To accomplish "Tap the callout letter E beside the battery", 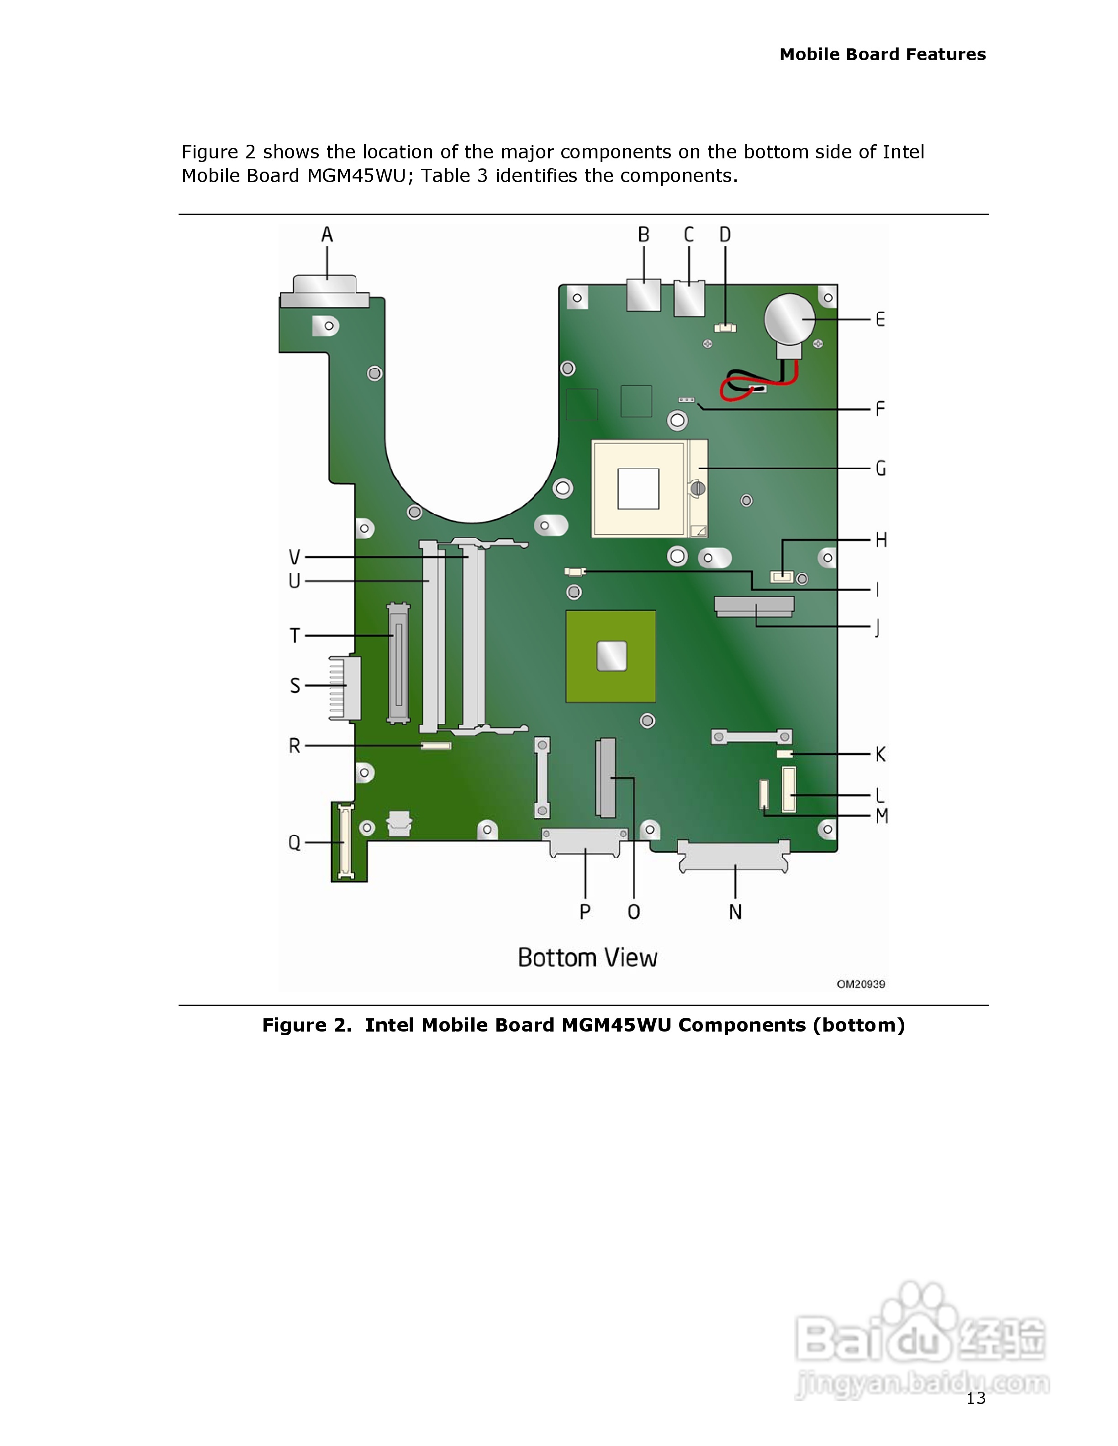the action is (x=880, y=320).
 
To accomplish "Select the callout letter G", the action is (x=880, y=468).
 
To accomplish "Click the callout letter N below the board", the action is (x=735, y=912).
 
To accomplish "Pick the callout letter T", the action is (x=295, y=636).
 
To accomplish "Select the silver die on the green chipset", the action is (x=612, y=656).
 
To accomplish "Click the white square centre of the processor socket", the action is (x=638, y=489).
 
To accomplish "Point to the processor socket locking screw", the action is (x=697, y=489).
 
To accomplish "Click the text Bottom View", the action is (x=587, y=958).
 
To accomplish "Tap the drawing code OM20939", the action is (x=860, y=985).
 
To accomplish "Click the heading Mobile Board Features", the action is (x=882, y=54).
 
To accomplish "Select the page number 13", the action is (x=976, y=1399).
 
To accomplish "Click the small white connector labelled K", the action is (x=784, y=754).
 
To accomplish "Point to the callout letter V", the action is (x=294, y=557).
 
